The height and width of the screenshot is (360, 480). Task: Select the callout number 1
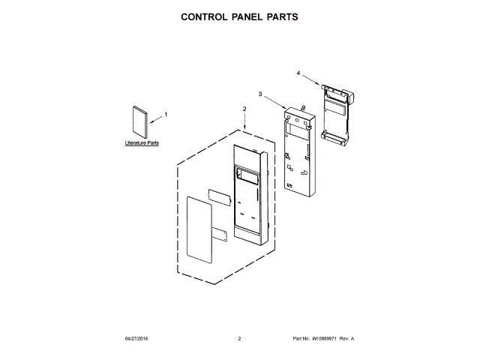pyautogui.click(x=166, y=114)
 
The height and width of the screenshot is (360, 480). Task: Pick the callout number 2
pyautogui.click(x=244, y=109)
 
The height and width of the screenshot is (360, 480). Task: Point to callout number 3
pyautogui.click(x=260, y=94)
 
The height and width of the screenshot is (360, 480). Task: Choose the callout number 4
pyautogui.click(x=298, y=73)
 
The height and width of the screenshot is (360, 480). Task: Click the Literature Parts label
pyautogui.click(x=141, y=142)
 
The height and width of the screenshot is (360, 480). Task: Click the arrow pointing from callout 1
pyautogui.click(x=156, y=116)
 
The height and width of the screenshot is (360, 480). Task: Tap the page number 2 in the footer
pyautogui.click(x=239, y=339)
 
